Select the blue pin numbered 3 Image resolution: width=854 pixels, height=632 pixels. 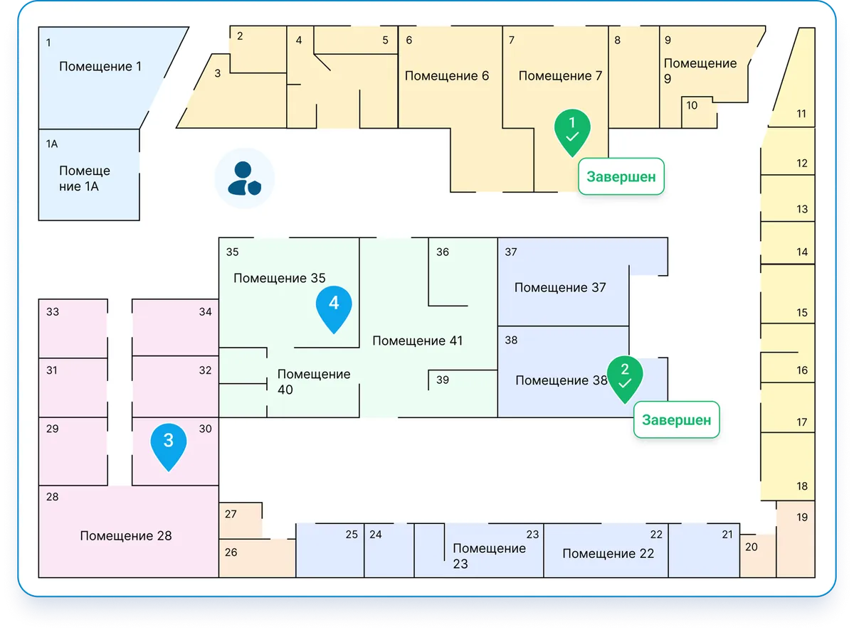coord(169,444)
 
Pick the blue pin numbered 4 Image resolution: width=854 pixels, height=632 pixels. coord(334,306)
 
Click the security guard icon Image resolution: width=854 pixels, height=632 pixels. coord(244,178)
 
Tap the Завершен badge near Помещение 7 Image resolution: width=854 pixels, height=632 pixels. coord(621,176)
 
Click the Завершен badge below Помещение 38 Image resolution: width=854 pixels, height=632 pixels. coord(676,419)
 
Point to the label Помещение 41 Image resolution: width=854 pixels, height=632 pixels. coord(418,341)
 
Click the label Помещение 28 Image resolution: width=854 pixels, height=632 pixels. coord(126,535)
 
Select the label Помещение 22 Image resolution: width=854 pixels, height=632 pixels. coord(608,553)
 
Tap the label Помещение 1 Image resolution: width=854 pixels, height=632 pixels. coord(100,66)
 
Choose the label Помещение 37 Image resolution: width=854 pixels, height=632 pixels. coord(560,287)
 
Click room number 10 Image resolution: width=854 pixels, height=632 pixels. coord(692,105)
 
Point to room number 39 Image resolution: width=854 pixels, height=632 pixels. coord(443,380)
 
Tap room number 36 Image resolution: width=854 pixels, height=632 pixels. coord(443,252)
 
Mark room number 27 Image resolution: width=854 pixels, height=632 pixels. coord(231,514)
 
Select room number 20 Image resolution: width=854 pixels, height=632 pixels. coord(751,547)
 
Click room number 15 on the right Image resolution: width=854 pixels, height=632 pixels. coord(802,312)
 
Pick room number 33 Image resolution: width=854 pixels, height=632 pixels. coord(52,311)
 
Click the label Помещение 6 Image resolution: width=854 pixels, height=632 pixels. coord(447,75)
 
